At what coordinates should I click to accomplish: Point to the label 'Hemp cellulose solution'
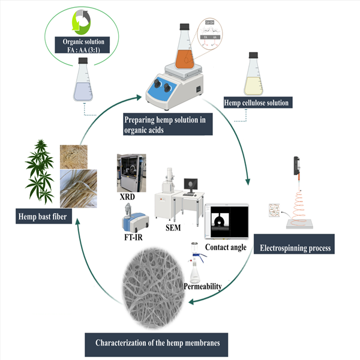pos(257,103)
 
